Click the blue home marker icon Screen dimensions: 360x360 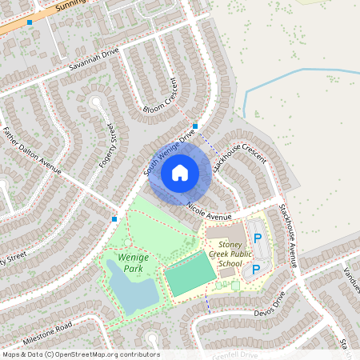(180, 172)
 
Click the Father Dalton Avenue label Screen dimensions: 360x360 (34, 152)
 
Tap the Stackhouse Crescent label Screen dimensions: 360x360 (239, 152)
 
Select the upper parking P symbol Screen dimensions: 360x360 (257, 238)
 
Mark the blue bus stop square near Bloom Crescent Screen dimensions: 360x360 (195, 126)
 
